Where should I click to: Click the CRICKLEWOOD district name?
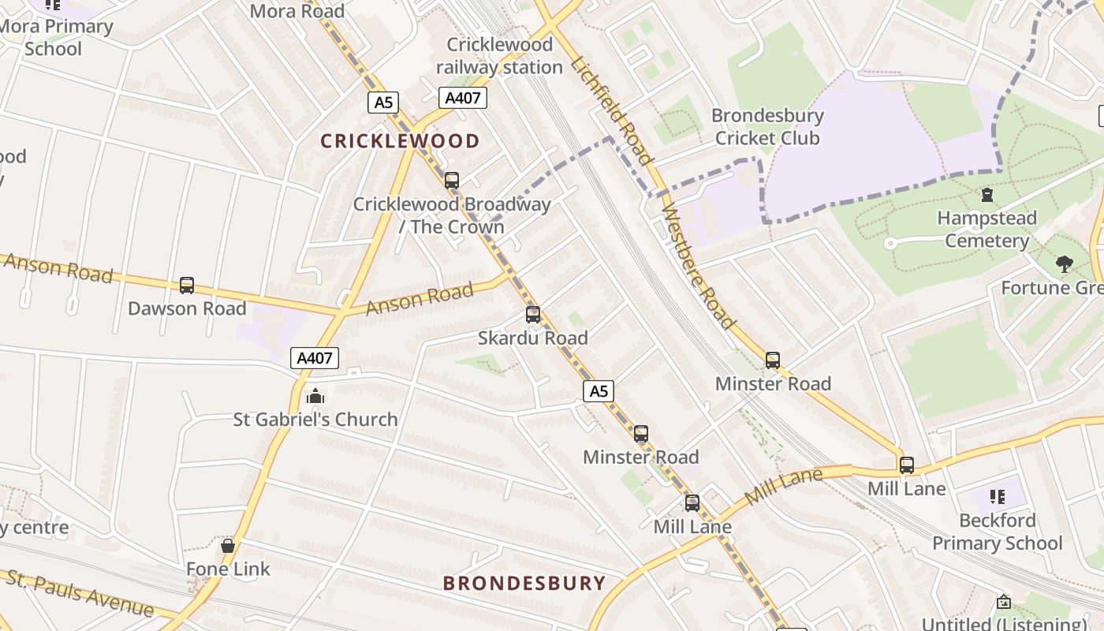coord(400,141)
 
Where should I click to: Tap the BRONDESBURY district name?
coord(524,584)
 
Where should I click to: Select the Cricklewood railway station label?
coord(499,56)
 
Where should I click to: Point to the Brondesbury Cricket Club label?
coord(767,126)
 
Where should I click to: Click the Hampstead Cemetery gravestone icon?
coord(987,194)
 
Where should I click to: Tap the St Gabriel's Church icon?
coord(315,396)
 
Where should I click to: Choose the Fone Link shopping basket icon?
coord(228,546)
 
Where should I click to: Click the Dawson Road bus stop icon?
coord(187,286)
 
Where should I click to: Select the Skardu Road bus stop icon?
coord(533,315)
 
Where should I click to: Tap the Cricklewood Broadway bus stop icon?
coord(452,181)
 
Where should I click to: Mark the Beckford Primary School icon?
coord(998,497)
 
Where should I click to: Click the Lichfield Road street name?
coord(613,110)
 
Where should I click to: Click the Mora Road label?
coord(297,11)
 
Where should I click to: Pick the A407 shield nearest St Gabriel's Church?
coord(315,358)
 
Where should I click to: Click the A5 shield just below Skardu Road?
coord(599,390)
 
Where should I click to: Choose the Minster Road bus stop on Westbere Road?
coord(773,360)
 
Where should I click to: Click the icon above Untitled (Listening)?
coord(1004,602)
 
